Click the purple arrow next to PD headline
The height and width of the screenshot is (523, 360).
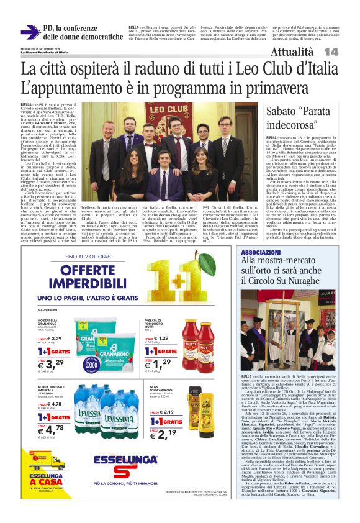[x=29, y=32]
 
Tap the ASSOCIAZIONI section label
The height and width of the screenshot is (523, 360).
[x=261, y=253]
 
